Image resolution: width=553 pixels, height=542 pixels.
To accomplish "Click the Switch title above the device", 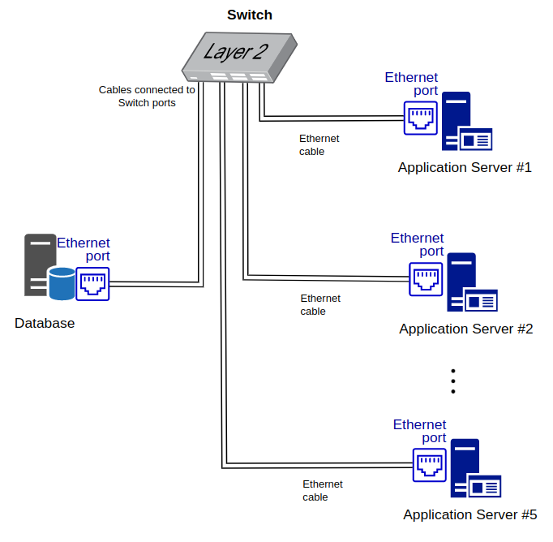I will pyautogui.click(x=250, y=15).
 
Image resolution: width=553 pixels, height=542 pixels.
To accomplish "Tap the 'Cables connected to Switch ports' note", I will pyautogui.click(x=147, y=97).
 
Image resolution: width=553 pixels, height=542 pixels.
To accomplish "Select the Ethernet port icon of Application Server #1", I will pyautogui.click(x=422, y=118).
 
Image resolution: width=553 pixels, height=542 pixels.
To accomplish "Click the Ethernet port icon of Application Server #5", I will pyautogui.click(x=430, y=466).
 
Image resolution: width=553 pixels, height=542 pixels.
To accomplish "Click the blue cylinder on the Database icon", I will pyautogui.click(x=61, y=282).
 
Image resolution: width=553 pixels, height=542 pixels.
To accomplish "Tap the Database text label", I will pyautogui.click(x=45, y=324).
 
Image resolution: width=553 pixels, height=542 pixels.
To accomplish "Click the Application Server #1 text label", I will pyautogui.click(x=465, y=168).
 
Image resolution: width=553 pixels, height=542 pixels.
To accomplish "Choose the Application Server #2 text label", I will pyautogui.click(x=466, y=329).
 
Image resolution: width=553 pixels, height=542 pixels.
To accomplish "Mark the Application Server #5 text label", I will pyautogui.click(x=470, y=515).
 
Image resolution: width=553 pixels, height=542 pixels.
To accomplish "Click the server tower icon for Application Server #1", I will pyautogui.click(x=457, y=118).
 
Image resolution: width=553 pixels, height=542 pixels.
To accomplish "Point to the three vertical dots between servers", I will pyautogui.click(x=453, y=381).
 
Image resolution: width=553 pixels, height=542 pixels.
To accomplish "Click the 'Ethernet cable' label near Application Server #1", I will pyautogui.click(x=319, y=145).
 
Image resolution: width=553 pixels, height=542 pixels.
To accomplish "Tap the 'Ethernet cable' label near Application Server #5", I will pyautogui.click(x=322, y=491).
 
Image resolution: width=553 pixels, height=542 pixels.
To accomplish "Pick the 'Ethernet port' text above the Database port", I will pyautogui.click(x=84, y=249).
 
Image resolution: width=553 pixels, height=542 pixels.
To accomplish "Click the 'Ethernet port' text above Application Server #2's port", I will pyautogui.click(x=418, y=244).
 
